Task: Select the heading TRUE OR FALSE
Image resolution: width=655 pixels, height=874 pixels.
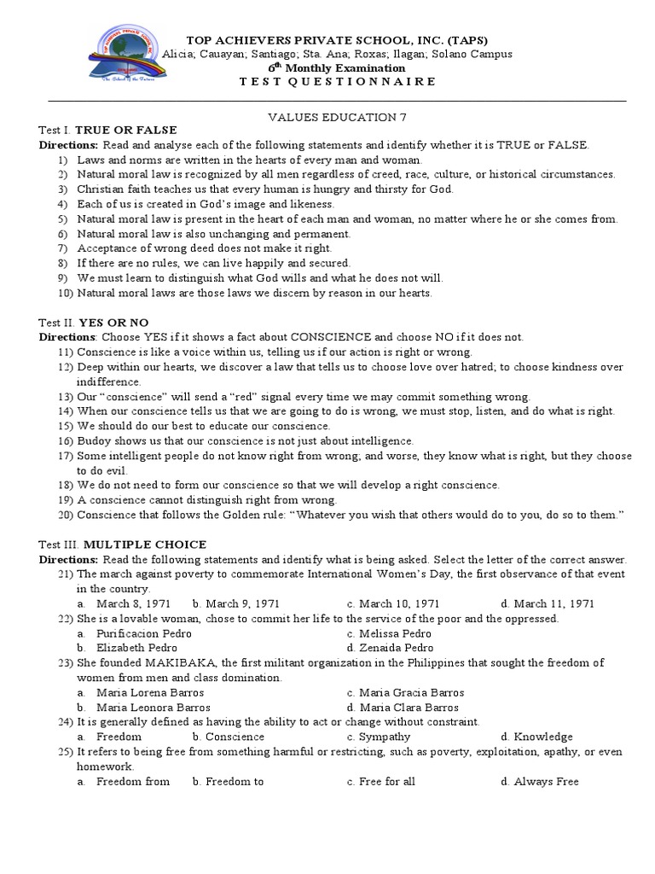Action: click(126, 131)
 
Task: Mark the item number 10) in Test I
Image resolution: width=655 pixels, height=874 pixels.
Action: click(66, 293)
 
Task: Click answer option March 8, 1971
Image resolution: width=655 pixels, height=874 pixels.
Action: click(136, 603)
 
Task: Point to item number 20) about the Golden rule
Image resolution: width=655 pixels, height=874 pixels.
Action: click(66, 515)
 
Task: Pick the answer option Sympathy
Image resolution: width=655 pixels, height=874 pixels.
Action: click(385, 737)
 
